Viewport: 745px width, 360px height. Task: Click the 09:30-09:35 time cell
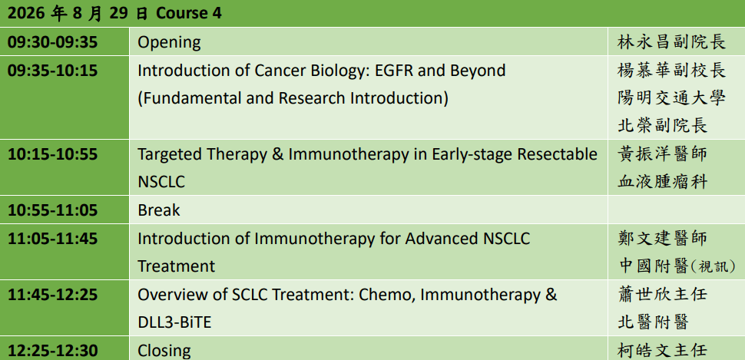(52, 42)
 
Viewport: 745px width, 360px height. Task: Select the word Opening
(169, 43)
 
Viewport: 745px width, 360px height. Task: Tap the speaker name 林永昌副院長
(671, 42)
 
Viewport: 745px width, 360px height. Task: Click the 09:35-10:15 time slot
(52, 71)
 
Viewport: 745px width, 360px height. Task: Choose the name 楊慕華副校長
(671, 71)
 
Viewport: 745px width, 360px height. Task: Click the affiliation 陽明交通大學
(671, 97)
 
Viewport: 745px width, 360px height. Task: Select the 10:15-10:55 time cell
(52, 154)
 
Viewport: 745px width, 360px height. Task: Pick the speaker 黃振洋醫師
(662, 154)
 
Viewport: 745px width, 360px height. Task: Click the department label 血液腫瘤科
(662, 181)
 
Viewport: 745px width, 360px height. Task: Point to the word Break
(159, 210)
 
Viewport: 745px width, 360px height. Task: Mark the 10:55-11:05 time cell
(52, 210)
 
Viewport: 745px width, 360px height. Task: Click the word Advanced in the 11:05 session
(436, 238)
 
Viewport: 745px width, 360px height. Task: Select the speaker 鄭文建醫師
(662, 237)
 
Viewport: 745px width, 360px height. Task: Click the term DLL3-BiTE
(174, 322)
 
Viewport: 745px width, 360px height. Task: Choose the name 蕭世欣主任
(662, 294)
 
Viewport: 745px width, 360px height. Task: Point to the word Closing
(164, 351)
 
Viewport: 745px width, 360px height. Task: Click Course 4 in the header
(189, 13)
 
